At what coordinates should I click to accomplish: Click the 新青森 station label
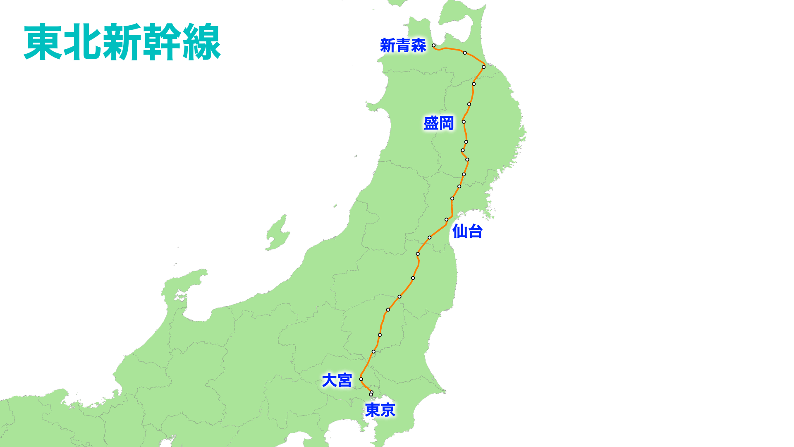coord(403,46)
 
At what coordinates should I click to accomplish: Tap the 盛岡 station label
coord(439,123)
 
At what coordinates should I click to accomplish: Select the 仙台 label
coord(467,231)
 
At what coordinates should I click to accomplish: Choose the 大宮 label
coord(337,380)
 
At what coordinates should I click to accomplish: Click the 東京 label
coord(380,410)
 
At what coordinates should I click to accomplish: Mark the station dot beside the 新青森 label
coord(433,46)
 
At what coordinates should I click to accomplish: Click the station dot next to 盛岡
coord(464,122)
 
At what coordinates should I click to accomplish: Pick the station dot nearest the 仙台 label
coord(447,219)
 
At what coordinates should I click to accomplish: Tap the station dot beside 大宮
coord(361,379)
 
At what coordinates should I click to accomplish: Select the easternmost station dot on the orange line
coord(483,67)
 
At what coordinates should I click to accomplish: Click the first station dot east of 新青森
coord(465,53)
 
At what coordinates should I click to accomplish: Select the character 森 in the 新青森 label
coord(419,46)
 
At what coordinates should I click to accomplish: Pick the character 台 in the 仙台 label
coord(475,231)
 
